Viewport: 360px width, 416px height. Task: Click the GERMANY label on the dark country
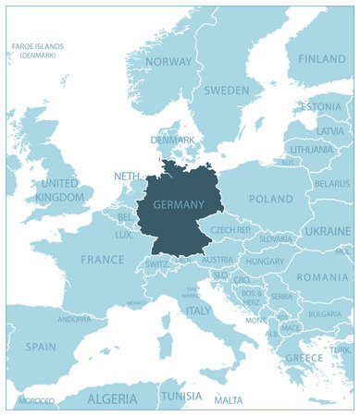point(179,204)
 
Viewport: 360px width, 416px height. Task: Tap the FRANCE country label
point(102,260)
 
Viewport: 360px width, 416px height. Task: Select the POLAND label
point(270,199)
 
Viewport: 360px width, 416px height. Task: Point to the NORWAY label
point(168,62)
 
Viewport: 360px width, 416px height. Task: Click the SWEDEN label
point(226,91)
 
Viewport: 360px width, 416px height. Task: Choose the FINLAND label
point(322,58)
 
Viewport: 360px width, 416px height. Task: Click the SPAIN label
point(41,347)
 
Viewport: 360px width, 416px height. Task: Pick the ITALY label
point(199,312)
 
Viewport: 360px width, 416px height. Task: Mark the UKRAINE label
point(329,230)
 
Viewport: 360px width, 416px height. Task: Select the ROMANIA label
point(323,277)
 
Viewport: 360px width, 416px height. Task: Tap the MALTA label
point(229,400)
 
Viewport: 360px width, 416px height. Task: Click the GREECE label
point(304,358)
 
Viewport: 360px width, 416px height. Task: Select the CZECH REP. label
point(231,229)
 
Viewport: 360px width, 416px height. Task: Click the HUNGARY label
point(265,262)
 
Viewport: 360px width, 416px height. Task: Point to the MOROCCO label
point(36,400)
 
